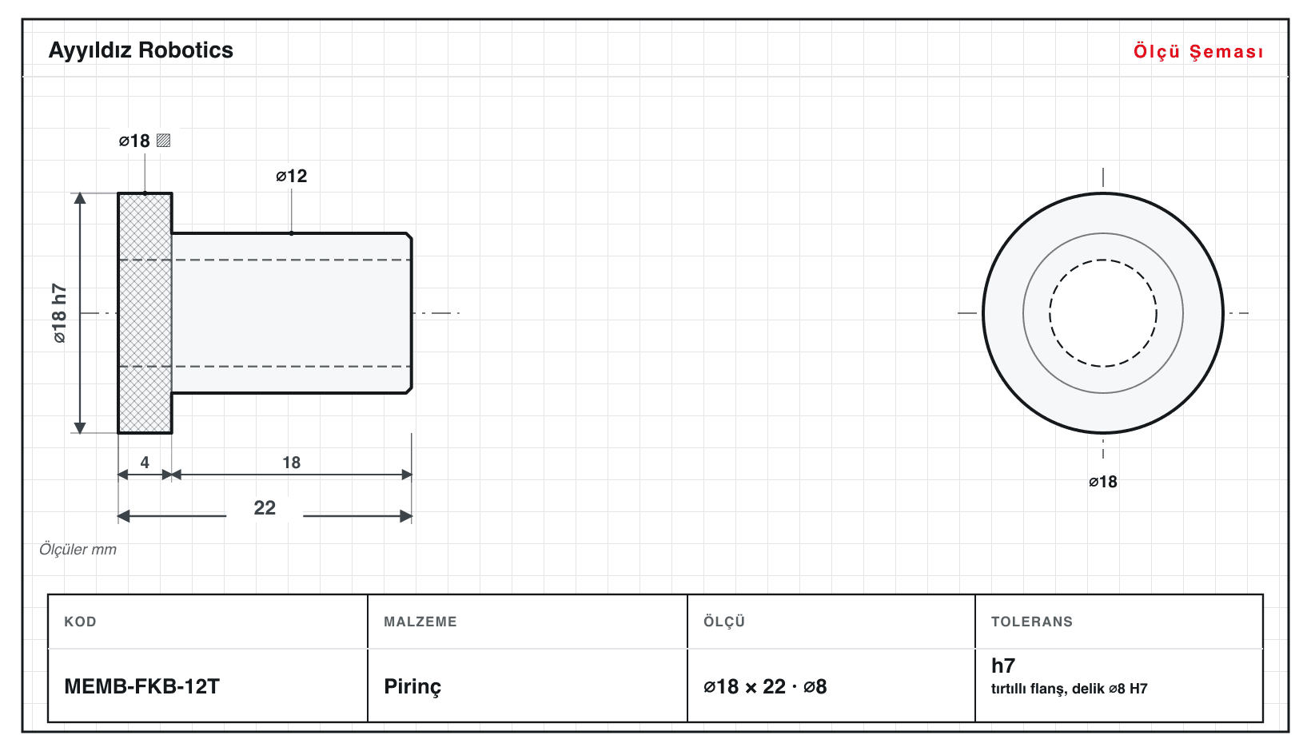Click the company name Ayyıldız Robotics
(141, 51)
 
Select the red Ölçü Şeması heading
(1198, 51)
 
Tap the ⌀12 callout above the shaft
(292, 176)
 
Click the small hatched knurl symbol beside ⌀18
(163, 141)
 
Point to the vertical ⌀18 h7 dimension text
(59, 313)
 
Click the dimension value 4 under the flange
(145, 463)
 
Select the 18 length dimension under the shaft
(292, 463)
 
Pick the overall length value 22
(265, 507)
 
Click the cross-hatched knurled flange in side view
(145, 313)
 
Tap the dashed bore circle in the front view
(1103, 260)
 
